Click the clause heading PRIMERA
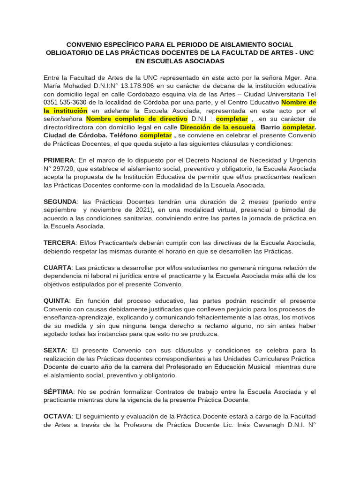pyautogui.click(x=59, y=160)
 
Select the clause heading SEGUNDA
pyautogui.click(x=60, y=201)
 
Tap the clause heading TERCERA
pyautogui.click(x=60, y=242)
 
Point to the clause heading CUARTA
pyautogui.click(x=57, y=267)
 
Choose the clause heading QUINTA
pyautogui.click(x=56, y=300)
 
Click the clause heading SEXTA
pyautogui.click(x=55, y=350)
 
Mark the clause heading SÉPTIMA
pyautogui.click(x=58, y=391)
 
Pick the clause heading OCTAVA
pyautogui.click(x=57, y=416)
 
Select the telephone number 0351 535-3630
pyautogui.click(x=65, y=103)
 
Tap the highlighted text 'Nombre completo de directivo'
pyautogui.click(x=137, y=119)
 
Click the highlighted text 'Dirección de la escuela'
pyautogui.click(x=218, y=127)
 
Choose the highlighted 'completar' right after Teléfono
pyautogui.click(x=156, y=135)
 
